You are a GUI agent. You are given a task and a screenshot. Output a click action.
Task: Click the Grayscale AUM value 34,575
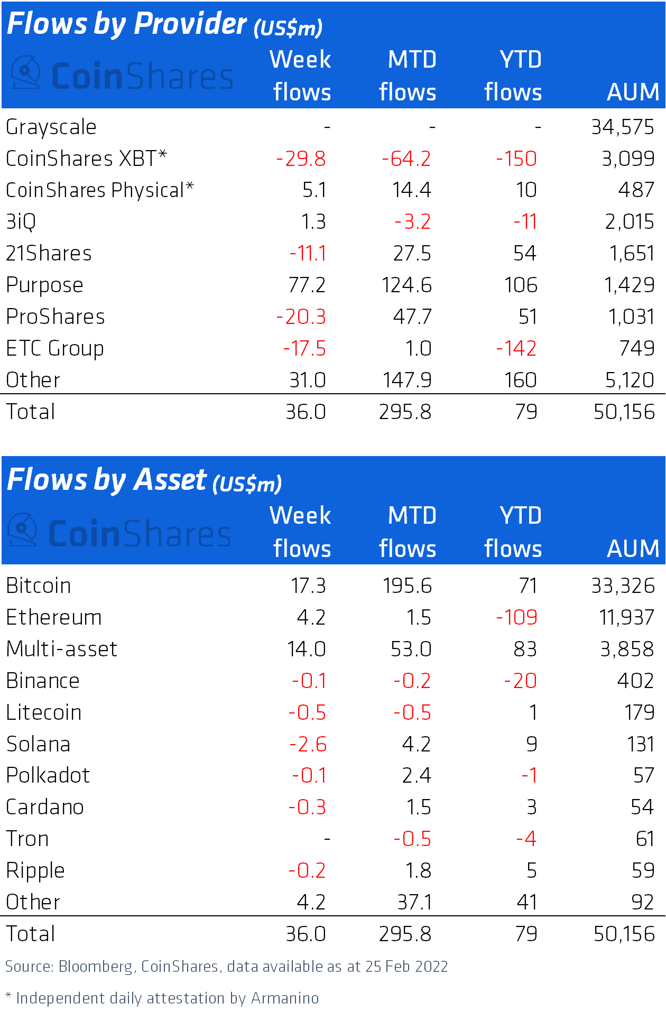[623, 127]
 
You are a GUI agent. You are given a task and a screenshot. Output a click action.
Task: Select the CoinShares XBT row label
[86, 159]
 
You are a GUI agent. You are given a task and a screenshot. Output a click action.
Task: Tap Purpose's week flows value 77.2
[307, 285]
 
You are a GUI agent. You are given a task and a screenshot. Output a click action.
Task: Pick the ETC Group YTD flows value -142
[516, 349]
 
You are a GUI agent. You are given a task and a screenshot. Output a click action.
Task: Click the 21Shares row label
[49, 254]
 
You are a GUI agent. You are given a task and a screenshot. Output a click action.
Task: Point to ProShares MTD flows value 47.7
[412, 317]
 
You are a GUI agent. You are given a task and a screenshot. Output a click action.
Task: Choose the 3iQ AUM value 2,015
[630, 222]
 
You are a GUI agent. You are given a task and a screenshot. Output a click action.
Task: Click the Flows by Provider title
[164, 24]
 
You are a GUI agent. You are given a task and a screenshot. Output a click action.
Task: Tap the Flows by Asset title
[144, 480]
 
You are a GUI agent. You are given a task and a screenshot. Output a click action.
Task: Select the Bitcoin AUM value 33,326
[623, 586]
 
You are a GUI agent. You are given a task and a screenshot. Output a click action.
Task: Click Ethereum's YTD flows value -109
[516, 617]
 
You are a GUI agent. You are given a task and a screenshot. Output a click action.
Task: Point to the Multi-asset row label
[61, 649]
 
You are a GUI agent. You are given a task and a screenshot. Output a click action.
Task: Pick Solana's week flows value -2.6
[308, 744]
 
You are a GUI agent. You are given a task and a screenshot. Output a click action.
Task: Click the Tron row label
[27, 839]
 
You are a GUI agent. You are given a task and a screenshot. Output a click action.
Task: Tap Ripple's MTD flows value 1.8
[418, 870]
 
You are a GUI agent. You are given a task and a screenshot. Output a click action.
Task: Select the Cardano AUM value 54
[643, 807]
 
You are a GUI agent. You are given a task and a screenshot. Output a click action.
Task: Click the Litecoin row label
[44, 712]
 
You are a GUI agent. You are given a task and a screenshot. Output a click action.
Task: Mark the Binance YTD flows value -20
[521, 681]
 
